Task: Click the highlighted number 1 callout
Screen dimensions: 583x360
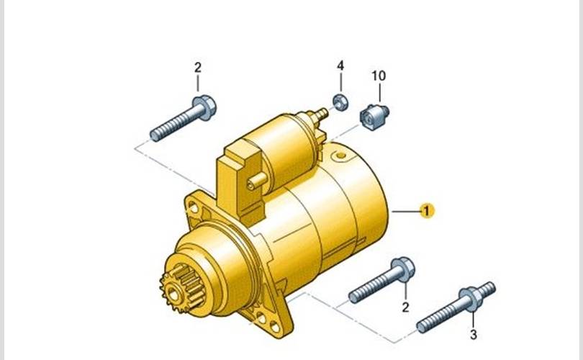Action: tap(427, 211)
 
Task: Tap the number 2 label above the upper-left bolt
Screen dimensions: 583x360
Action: tap(198, 67)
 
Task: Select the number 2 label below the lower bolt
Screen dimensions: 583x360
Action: tap(405, 307)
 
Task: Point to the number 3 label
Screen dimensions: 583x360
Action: tap(473, 335)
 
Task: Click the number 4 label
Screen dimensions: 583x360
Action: tap(340, 66)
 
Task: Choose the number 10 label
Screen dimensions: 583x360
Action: tap(379, 76)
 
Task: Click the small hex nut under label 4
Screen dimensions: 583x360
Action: tap(340, 102)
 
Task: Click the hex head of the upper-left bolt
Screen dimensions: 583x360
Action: tap(204, 107)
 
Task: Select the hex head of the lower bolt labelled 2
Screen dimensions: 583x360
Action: tap(402, 269)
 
